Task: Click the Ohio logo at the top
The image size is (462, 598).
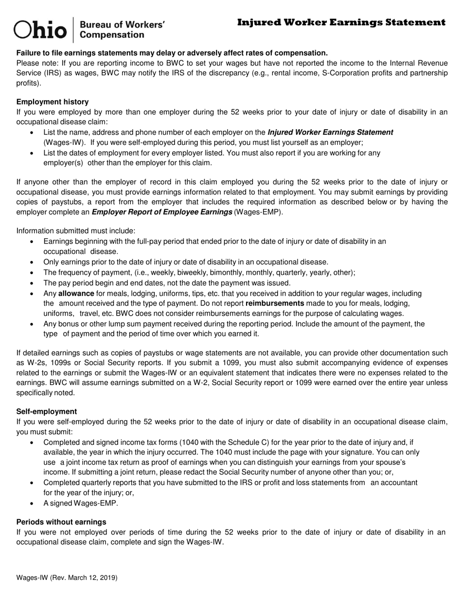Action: coord(40,30)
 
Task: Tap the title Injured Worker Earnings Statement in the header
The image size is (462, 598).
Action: coord(341,22)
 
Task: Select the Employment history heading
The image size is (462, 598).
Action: coord(53,102)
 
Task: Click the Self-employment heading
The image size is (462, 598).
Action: coord(47,411)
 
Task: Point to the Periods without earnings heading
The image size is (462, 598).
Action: coord(61,522)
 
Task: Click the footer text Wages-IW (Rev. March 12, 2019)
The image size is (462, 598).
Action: coord(67,578)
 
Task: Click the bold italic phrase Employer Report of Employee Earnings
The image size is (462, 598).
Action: coord(162,212)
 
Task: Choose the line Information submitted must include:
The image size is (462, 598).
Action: coord(76,230)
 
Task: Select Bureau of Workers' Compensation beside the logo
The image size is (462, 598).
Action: coord(122,30)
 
